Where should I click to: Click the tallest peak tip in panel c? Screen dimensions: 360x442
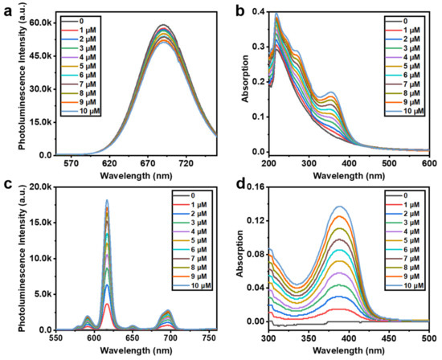pyautogui.click(x=106, y=200)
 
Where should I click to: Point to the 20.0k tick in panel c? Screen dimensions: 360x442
pyautogui.click(x=40, y=186)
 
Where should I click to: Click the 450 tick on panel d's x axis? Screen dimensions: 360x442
pyautogui.click(x=374, y=338)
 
